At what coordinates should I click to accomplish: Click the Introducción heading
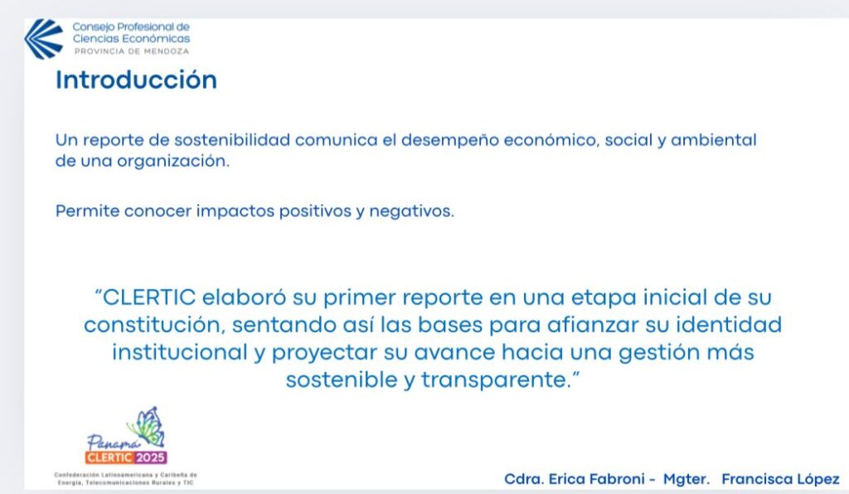coord(136,80)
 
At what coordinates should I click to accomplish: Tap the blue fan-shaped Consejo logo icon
coord(44,38)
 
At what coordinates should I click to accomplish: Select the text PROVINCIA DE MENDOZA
coord(132,51)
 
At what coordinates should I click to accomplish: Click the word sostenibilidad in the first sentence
coord(232,140)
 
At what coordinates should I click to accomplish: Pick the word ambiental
coord(713,140)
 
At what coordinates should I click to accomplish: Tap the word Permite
coord(87,211)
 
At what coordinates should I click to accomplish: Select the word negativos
coord(411,211)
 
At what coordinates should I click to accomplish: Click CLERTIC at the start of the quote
coord(149,298)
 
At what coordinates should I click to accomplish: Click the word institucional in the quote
coord(180,352)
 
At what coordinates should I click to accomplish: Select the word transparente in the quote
coord(496,380)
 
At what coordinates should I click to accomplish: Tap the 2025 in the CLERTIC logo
coord(150,458)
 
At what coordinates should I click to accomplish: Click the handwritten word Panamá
coord(111,443)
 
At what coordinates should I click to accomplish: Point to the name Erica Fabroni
coord(597,479)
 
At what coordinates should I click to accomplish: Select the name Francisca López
coord(780,479)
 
